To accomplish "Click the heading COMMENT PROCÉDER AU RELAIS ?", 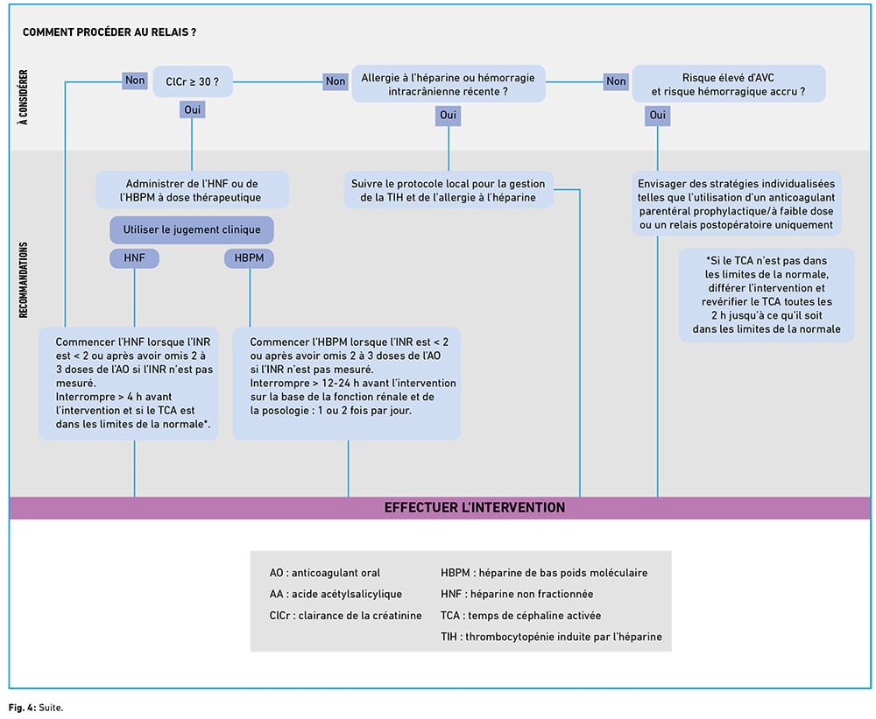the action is click(109, 32).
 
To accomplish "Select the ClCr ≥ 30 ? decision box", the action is click(193, 81).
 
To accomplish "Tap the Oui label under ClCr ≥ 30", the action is click(192, 109).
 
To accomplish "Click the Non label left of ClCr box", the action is click(135, 81).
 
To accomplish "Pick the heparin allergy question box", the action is click(448, 84).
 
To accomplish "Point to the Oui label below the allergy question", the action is click(448, 115).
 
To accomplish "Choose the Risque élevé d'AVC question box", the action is click(729, 84).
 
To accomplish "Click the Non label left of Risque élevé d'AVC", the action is click(616, 81).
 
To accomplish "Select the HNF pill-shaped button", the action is click(134, 258).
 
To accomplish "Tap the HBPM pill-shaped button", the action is click(249, 258).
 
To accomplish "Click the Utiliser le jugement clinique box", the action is click(192, 229).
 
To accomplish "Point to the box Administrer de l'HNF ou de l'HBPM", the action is click(192, 190).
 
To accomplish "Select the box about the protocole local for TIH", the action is click(448, 190).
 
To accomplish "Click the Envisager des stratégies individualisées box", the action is click(737, 204).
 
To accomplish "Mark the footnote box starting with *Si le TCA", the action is click(766, 295).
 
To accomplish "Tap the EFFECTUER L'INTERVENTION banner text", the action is click(474, 507).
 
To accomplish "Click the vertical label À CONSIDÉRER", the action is click(24, 97).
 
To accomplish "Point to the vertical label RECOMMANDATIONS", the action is click(24, 280).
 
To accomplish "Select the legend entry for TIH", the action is click(551, 637).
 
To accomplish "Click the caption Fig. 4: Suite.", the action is click(36, 708).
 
